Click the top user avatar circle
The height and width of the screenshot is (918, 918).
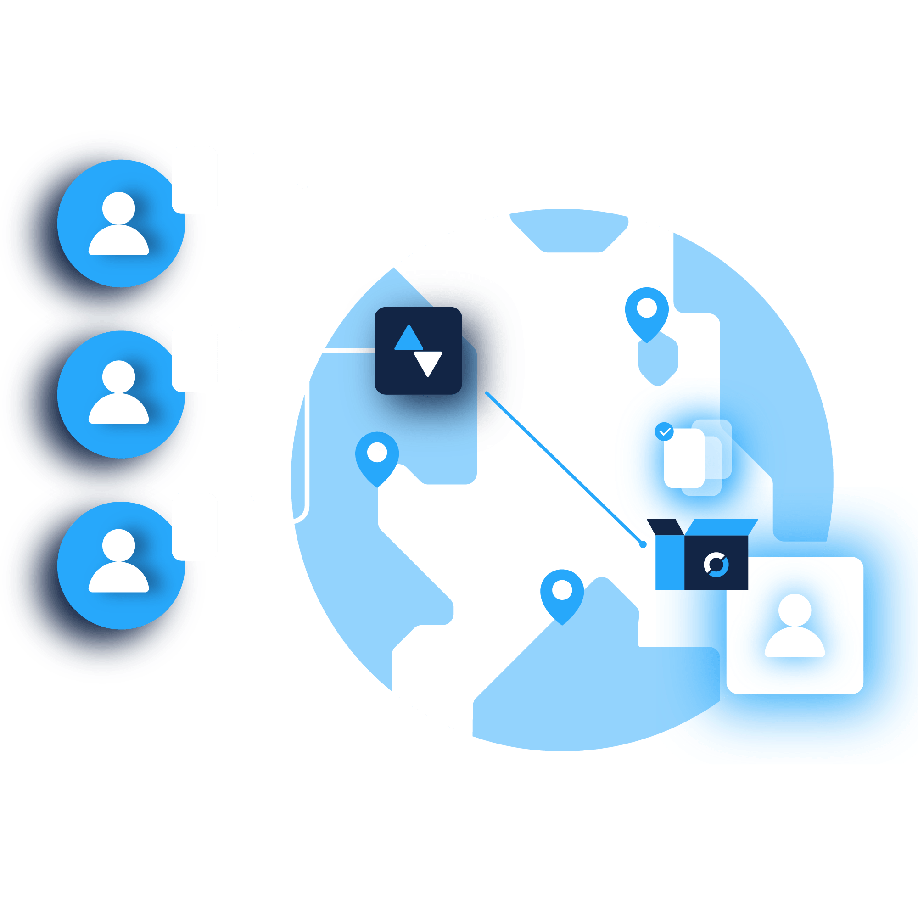pos(121,224)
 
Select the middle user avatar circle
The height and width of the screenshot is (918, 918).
pos(121,394)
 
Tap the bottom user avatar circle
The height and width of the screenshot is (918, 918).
pos(121,565)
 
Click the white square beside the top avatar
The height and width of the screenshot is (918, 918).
pos(213,179)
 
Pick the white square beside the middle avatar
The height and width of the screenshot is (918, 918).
pos(207,358)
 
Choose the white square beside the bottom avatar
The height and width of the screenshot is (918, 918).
pos(213,526)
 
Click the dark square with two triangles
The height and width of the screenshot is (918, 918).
pos(418,351)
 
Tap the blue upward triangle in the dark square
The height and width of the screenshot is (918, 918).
pos(409,339)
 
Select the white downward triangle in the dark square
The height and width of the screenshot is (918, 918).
pos(428,362)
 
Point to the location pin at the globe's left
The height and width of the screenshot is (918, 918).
pos(377,456)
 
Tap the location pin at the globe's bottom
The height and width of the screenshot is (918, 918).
pos(562,593)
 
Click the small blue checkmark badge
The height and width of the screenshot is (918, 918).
pos(664,431)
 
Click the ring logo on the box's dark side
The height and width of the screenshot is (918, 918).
pos(716,565)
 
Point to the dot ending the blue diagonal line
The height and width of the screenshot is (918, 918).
pos(643,544)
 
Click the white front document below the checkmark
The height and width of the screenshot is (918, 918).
pos(684,459)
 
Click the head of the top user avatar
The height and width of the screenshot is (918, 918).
pos(119,208)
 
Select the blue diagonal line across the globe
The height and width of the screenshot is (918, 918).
pos(564,469)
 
